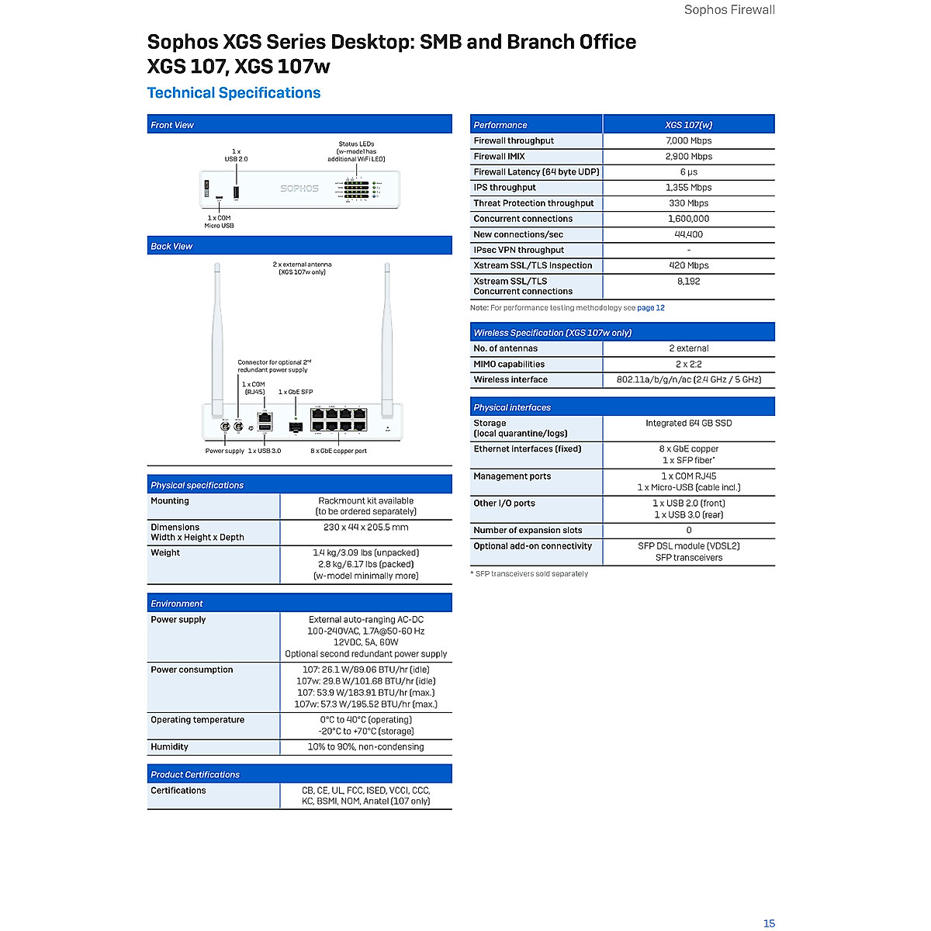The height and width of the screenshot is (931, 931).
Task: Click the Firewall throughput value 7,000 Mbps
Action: [688, 140]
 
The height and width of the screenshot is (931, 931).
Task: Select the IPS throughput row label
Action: [504, 188]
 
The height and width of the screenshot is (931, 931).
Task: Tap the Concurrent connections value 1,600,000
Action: [688, 219]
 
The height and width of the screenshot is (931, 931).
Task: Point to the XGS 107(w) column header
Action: [688, 125]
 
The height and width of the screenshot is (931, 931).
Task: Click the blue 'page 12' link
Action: [650, 308]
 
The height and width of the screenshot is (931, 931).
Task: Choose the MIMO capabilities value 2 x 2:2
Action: [688, 364]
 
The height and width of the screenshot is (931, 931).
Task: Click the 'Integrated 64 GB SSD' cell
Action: [688, 424]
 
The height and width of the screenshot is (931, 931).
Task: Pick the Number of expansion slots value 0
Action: [688, 531]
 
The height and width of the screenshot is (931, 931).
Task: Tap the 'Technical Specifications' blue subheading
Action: [234, 93]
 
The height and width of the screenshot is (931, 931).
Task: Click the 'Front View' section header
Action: [172, 125]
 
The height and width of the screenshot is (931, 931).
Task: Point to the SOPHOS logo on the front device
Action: [299, 189]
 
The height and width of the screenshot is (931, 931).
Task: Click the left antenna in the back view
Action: [217, 334]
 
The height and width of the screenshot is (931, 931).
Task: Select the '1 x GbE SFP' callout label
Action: [296, 393]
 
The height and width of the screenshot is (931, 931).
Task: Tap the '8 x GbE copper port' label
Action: [338, 451]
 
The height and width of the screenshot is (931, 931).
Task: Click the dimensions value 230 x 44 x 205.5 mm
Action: [365, 528]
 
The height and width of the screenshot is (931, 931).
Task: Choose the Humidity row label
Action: [169, 747]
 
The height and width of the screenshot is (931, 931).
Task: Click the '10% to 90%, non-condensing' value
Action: [365, 747]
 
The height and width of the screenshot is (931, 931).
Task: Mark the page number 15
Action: [769, 923]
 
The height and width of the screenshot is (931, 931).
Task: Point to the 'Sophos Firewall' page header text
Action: [729, 10]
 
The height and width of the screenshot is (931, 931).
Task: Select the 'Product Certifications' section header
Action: [195, 774]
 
